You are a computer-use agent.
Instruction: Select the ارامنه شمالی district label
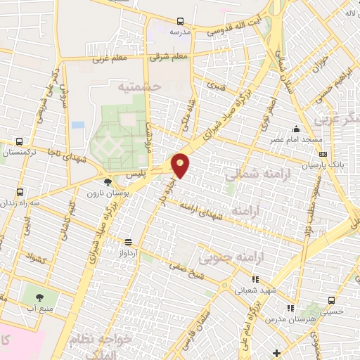(254, 172)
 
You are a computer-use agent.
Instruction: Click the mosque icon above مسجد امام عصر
(296, 129)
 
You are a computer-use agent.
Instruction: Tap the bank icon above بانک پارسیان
(323, 154)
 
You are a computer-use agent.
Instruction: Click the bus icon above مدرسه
(180, 22)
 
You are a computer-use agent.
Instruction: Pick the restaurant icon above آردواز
(127, 240)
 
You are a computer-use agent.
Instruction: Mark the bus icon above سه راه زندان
(19, 191)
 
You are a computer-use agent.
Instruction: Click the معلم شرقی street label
(170, 56)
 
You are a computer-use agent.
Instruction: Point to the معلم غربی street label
(110, 60)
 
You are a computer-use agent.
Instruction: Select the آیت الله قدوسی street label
(240, 27)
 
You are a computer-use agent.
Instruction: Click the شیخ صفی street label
(188, 271)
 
